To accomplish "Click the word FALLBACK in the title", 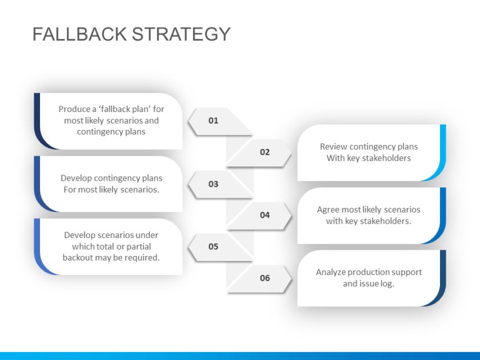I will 79,34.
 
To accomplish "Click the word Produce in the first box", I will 74,109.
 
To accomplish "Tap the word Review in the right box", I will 333,147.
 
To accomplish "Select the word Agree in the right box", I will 328,210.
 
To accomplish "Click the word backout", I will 78,258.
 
